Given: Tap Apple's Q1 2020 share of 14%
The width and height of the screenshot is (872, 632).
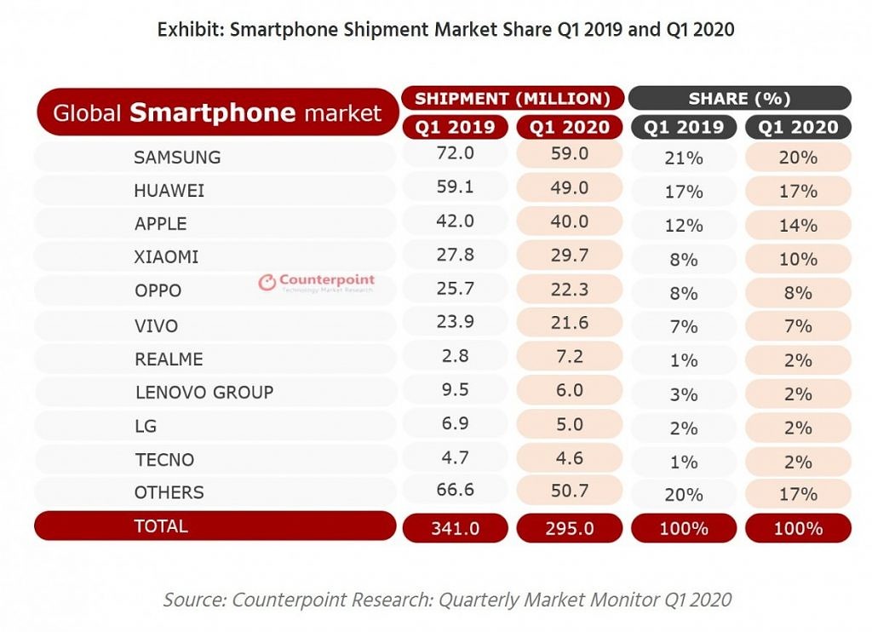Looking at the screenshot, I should point(798,226).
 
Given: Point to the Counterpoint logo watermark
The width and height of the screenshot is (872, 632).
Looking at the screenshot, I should point(316,283).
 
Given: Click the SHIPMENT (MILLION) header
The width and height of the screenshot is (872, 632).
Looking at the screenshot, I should point(513,99).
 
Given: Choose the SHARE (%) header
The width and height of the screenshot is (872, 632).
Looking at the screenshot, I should point(739,99).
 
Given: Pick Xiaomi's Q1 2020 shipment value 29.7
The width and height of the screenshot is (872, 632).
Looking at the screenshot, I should point(570,257).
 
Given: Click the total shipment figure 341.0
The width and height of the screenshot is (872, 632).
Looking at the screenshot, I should point(456,528).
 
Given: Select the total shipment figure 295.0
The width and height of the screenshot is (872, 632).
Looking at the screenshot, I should point(570,528).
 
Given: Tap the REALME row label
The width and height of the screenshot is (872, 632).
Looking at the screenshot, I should point(169,359).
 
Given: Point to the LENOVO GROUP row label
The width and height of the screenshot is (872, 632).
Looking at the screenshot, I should point(204,393).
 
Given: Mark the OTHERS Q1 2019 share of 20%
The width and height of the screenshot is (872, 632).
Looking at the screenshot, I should point(684,495).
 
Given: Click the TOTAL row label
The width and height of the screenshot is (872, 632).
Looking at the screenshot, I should point(161,526).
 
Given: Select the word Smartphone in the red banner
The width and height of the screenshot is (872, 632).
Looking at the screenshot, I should point(213,112).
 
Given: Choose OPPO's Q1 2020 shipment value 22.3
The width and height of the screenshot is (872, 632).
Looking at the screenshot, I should point(570,290).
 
